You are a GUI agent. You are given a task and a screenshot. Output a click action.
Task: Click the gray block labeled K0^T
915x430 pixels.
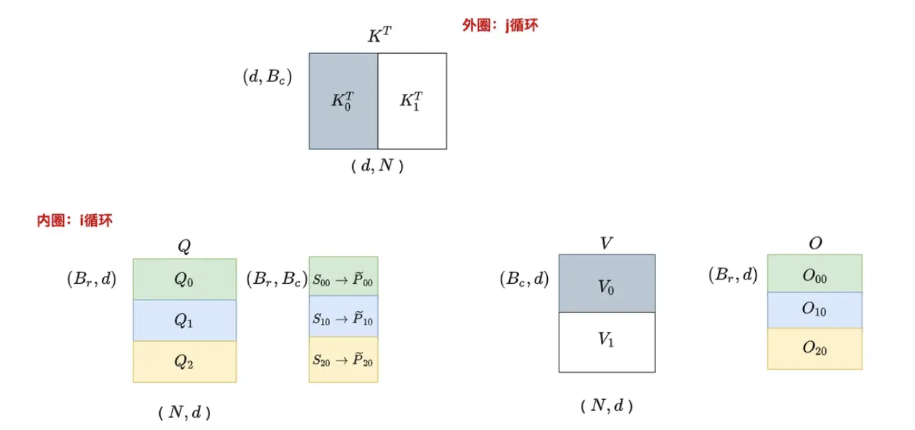[343, 101]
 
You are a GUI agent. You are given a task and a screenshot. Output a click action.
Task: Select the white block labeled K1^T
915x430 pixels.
[412, 101]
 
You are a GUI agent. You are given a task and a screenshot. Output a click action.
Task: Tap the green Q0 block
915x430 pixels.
[184, 279]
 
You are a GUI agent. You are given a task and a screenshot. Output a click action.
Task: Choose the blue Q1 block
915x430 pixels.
[184, 320]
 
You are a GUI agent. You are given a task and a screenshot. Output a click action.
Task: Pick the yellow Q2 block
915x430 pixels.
[184, 362]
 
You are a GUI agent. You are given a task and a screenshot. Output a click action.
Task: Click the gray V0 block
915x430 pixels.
[607, 284]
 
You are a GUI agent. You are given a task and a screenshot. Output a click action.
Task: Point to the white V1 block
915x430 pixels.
[607, 342]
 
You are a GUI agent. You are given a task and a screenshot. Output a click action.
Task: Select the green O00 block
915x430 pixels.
[815, 274]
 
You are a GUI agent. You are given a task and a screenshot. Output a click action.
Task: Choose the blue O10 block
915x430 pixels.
[815, 310]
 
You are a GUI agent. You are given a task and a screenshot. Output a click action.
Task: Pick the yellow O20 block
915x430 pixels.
[815, 348]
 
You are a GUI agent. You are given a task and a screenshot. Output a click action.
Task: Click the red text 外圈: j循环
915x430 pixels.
[500, 26]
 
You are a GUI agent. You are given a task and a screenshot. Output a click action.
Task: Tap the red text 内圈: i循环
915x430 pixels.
[75, 221]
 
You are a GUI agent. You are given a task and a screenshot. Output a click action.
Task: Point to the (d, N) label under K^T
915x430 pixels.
[378, 167]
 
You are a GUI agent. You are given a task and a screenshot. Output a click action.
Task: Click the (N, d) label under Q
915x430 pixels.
[184, 412]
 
